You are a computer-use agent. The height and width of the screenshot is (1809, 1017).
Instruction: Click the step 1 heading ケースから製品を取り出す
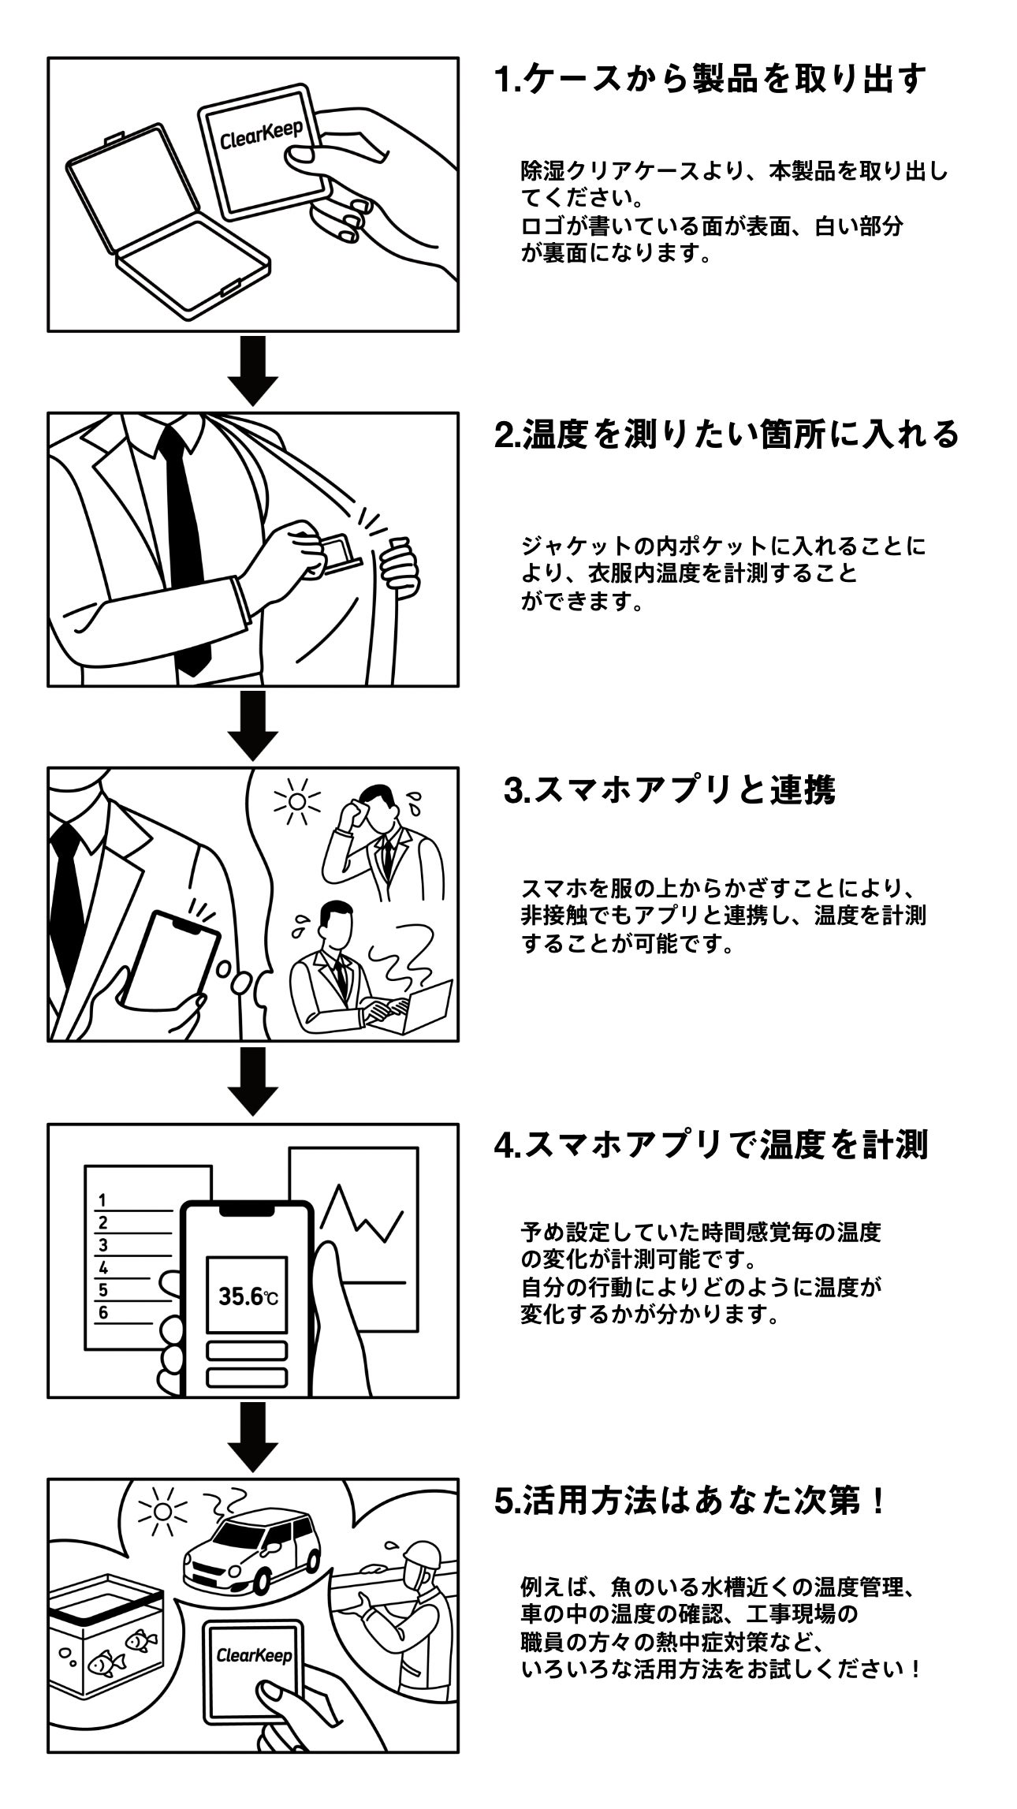(710, 80)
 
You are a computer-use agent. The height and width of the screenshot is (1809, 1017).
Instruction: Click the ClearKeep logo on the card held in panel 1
(261, 135)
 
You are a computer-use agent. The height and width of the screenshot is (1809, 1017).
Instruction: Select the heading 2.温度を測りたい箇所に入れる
(725, 435)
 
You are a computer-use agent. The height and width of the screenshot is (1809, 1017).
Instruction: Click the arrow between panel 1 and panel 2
(252, 371)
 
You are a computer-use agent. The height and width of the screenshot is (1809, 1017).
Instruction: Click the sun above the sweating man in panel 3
(296, 800)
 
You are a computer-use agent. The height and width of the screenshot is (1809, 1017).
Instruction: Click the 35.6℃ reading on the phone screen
(247, 1296)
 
